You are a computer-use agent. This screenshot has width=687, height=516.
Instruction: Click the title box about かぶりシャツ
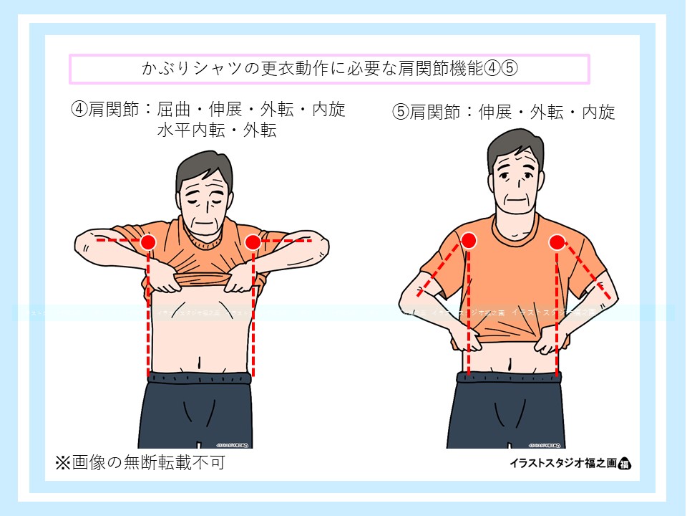coord(328,69)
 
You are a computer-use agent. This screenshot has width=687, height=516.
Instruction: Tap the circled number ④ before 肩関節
coord(79,110)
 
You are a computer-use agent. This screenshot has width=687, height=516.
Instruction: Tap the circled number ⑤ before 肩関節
coord(400,113)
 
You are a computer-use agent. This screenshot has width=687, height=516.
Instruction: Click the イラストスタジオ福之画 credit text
coord(557,463)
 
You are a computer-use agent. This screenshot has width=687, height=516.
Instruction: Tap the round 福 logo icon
coord(623,463)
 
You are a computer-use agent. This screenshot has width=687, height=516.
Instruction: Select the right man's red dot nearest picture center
coord(469,241)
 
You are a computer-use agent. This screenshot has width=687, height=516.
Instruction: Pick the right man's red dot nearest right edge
coord(557,242)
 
